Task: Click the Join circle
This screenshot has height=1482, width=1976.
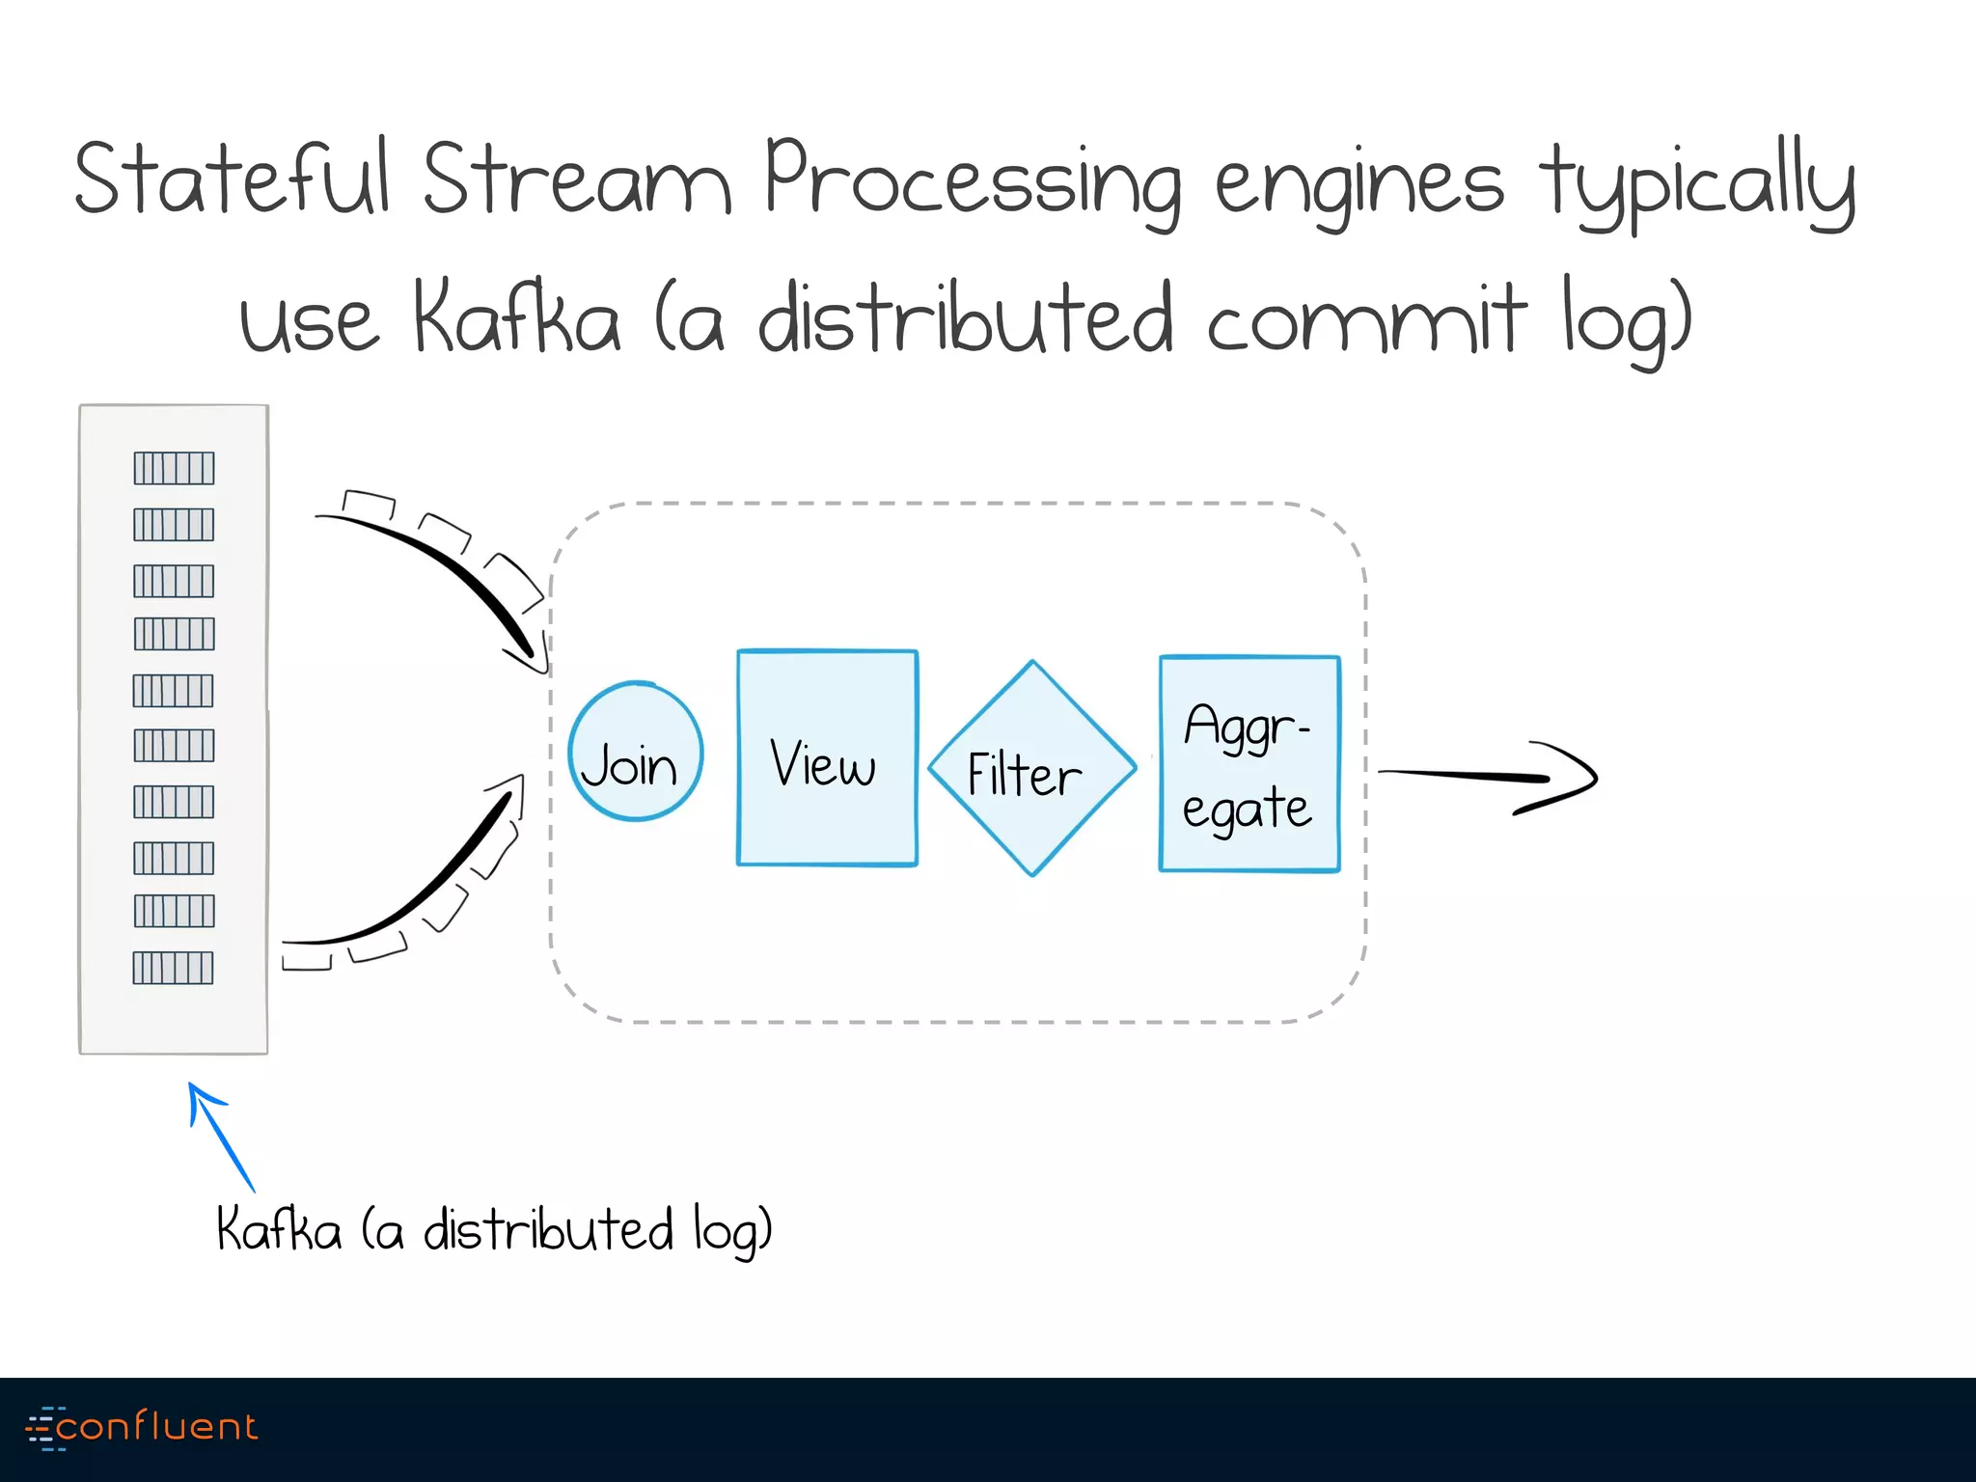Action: (x=635, y=752)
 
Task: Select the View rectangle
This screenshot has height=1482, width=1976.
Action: (x=827, y=758)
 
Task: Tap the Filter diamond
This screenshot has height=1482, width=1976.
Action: (x=1031, y=769)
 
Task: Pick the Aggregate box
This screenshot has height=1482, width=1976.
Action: (x=1249, y=764)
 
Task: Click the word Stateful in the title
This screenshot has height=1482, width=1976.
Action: (x=233, y=178)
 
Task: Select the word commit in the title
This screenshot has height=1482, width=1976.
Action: (x=1365, y=319)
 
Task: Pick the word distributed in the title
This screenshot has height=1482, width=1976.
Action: (x=965, y=319)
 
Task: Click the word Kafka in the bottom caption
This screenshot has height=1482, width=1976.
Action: (x=279, y=1229)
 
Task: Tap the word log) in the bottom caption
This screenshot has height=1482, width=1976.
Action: (x=732, y=1231)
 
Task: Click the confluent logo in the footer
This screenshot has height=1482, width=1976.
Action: (x=143, y=1427)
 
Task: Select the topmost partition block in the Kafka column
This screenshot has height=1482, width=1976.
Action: (x=174, y=468)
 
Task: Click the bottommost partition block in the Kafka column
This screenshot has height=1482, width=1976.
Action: (x=173, y=967)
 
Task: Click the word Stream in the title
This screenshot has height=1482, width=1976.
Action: (x=576, y=179)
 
